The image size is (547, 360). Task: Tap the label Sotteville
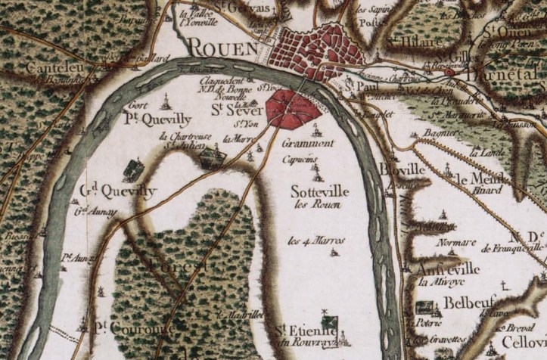(319, 192)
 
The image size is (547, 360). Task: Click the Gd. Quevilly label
(116, 191)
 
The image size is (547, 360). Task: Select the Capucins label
(299, 160)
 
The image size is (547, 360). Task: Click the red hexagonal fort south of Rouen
(293, 108)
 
